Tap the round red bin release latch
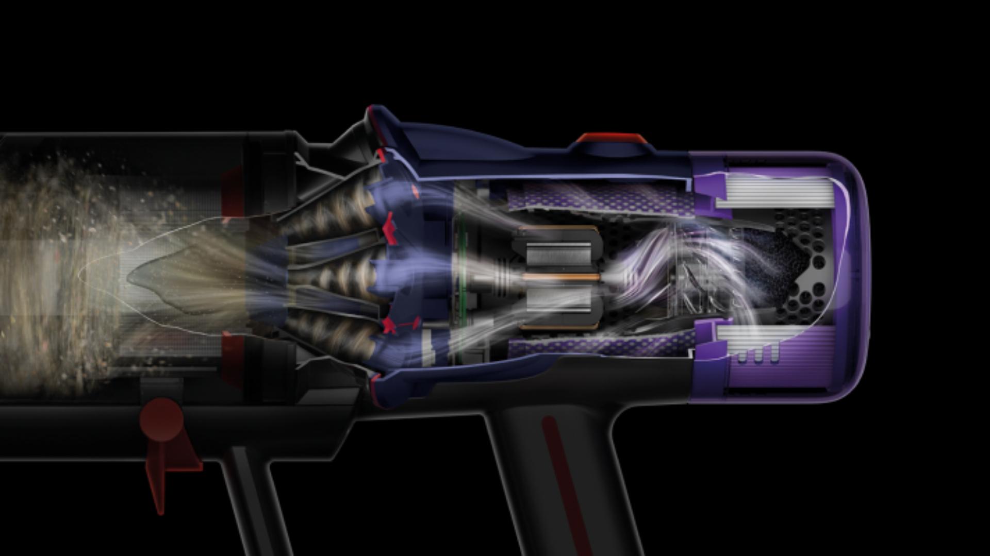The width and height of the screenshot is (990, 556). pos(161,420)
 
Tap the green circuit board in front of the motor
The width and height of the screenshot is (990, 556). pos(462,278)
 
